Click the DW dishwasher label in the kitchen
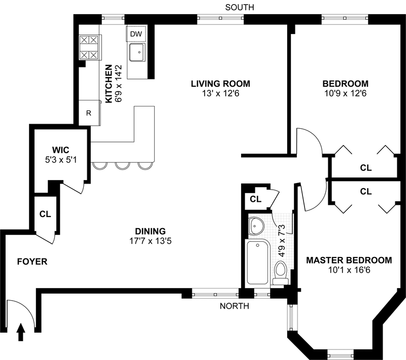click(x=136, y=34)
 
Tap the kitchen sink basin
click(x=137, y=53)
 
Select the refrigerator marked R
click(x=89, y=113)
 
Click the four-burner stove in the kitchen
click(x=89, y=47)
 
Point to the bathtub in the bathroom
click(x=258, y=262)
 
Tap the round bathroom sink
click(x=256, y=226)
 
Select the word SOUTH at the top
click(x=240, y=7)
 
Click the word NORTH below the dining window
click(x=234, y=306)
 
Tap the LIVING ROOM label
click(x=221, y=84)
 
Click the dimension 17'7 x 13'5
click(x=150, y=241)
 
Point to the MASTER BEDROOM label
click(x=349, y=260)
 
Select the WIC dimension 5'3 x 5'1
click(x=61, y=160)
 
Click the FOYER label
click(x=32, y=262)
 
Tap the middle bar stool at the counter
click(x=123, y=165)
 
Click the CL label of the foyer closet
click(x=45, y=214)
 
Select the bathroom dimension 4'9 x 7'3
click(x=282, y=240)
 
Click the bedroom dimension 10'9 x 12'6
click(x=346, y=93)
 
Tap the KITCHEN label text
click(x=109, y=84)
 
